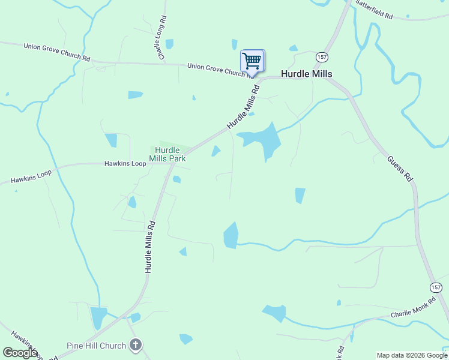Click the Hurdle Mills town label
pyautogui.click(x=307, y=74)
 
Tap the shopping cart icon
pyautogui.click(x=252, y=61)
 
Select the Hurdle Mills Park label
pyautogui.click(x=168, y=154)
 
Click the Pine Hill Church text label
pyautogui.click(x=96, y=346)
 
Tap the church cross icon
pyautogui.click(x=136, y=345)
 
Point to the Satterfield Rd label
pyautogui.click(x=374, y=10)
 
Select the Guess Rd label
pyautogui.click(x=400, y=169)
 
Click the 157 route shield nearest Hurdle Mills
pyautogui.click(x=321, y=56)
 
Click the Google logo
pyautogui.click(x=20, y=353)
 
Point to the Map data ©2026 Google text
pyautogui.click(x=412, y=355)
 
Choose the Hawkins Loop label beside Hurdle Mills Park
pyautogui.click(x=125, y=163)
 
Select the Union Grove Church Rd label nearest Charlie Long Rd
pyautogui.click(x=57, y=52)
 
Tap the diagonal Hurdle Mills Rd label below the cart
pyautogui.click(x=243, y=107)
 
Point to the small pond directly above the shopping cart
pyautogui.click(x=234, y=44)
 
